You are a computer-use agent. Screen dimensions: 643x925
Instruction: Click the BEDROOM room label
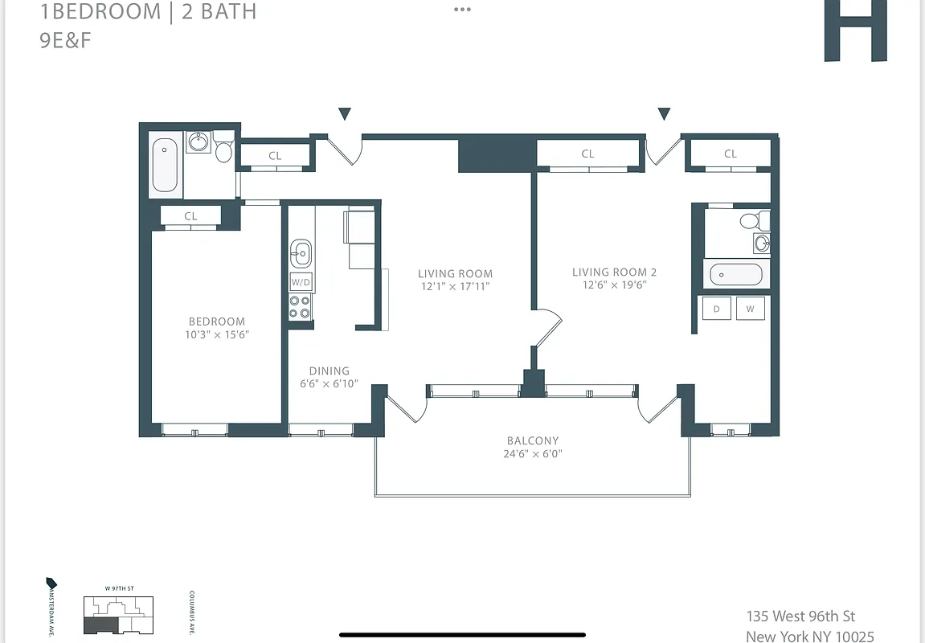217,321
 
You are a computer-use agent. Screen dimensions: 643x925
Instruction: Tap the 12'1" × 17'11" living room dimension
455,286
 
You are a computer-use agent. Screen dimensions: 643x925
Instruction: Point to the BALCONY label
533,440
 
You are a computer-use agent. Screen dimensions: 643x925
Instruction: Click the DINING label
329,371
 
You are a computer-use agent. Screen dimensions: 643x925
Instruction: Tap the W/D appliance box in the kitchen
301,282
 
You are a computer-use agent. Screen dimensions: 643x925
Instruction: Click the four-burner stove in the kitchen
301,307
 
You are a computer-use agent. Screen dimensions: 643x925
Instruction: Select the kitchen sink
301,253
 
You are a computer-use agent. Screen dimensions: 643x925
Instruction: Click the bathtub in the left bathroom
165,166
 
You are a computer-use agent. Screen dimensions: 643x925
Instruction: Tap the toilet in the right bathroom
752,220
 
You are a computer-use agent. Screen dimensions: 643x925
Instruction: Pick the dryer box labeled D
716,309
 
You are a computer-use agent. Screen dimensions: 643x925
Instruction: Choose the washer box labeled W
750,309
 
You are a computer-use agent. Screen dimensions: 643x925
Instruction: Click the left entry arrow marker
345,114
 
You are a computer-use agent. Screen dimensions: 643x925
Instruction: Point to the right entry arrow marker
664,114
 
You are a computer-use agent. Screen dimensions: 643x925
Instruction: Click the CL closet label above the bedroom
190,216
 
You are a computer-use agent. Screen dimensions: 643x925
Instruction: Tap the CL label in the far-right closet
730,154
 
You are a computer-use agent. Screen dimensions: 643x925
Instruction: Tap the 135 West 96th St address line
800,616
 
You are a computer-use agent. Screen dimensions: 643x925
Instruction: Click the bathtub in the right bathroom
736,275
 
